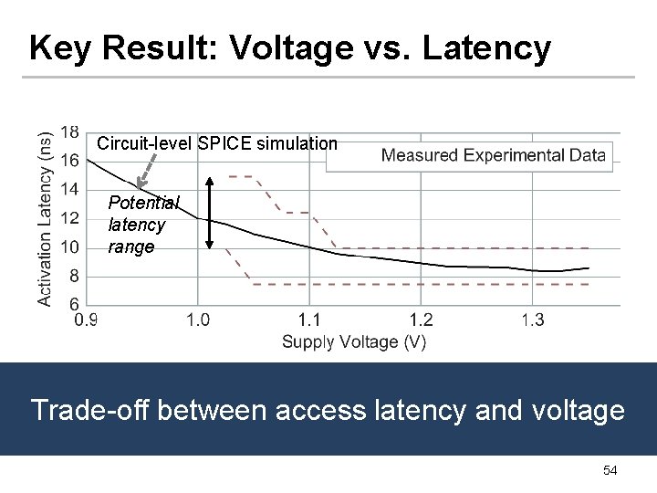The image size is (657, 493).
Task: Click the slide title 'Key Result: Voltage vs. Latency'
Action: tap(289, 47)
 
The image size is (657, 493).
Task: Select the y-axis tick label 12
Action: tap(69, 218)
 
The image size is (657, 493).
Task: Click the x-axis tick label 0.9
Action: tap(87, 320)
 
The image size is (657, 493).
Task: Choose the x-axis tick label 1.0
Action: tap(198, 320)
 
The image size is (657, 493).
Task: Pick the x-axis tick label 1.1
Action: tap(310, 320)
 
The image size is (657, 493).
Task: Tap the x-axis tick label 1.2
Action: tap(422, 320)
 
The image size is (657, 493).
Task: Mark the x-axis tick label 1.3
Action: tap(533, 320)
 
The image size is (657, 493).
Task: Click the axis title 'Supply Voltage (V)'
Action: tap(354, 342)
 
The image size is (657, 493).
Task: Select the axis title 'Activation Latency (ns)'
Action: tap(45, 216)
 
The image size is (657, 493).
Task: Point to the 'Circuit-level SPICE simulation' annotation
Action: tap(217, 143)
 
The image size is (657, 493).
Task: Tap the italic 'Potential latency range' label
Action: tap(141, 225)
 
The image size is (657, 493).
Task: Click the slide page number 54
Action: tap(610, 470)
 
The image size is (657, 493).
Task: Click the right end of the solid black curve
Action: tap(589, 268)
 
